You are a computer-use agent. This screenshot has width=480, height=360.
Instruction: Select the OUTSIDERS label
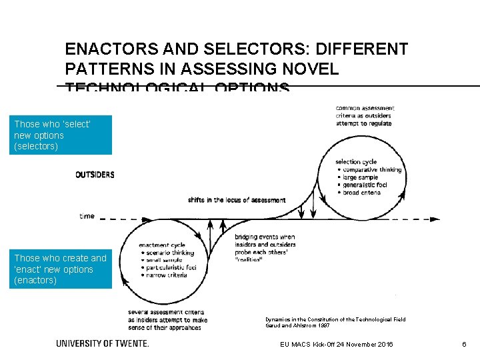pyautogui.click(x=95, y=175)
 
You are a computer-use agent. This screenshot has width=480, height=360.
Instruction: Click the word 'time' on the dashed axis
pyautogui.click(x=87, y=216)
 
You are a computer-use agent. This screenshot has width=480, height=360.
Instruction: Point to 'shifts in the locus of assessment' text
pyautogui.click(x=237, y=200)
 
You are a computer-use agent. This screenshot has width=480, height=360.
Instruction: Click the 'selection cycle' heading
pyautogui.click(x=356, y=162)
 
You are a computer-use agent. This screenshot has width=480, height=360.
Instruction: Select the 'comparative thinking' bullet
pyautogui.click(x=372, y=170)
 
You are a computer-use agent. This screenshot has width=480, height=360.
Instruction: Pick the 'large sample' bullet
pyautogui.click(x=361, y=177)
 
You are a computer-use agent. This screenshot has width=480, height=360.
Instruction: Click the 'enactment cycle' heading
pyautogui.click(x=162, y=245)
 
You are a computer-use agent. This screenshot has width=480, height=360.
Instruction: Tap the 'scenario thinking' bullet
pyautogui.click(x=167, y=253)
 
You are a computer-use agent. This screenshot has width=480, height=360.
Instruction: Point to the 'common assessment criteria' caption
pyautogui.click(x=365, y=115)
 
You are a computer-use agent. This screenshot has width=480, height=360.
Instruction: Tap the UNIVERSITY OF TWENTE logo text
pyautogui.click(x=103, y=343)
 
